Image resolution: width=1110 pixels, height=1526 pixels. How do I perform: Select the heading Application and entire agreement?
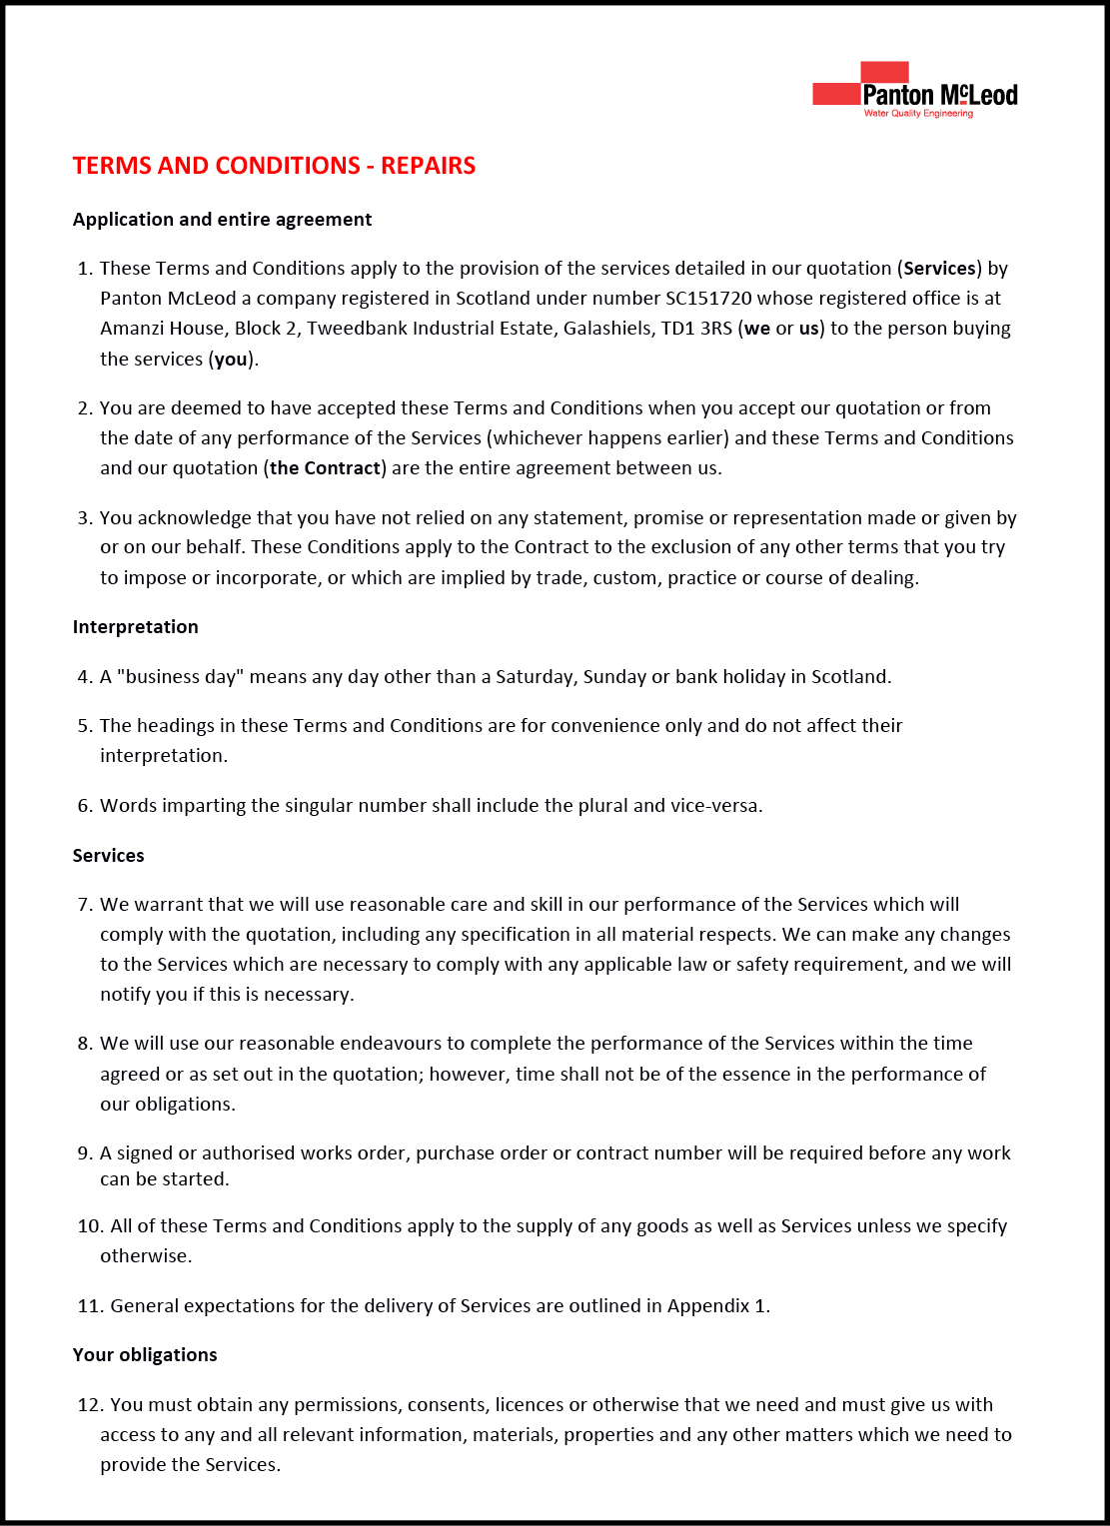point(222,220)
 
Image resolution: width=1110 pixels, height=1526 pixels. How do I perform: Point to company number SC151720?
point(708,299)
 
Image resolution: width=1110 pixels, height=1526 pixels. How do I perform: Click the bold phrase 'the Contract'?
point(325,468)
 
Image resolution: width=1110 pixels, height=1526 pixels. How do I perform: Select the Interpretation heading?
point(135,627)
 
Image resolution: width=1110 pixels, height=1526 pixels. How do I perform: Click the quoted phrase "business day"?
point(180,677)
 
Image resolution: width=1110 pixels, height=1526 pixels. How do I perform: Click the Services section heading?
point(108,856)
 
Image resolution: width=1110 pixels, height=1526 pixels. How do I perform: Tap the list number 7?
point(85,905)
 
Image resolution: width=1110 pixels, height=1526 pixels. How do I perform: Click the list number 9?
point(85,1153)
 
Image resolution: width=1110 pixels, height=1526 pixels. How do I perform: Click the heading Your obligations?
point(145,1355)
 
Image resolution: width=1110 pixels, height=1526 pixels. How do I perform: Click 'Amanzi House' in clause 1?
point(161,329)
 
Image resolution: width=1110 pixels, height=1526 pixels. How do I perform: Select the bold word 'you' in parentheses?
point(231,360)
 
